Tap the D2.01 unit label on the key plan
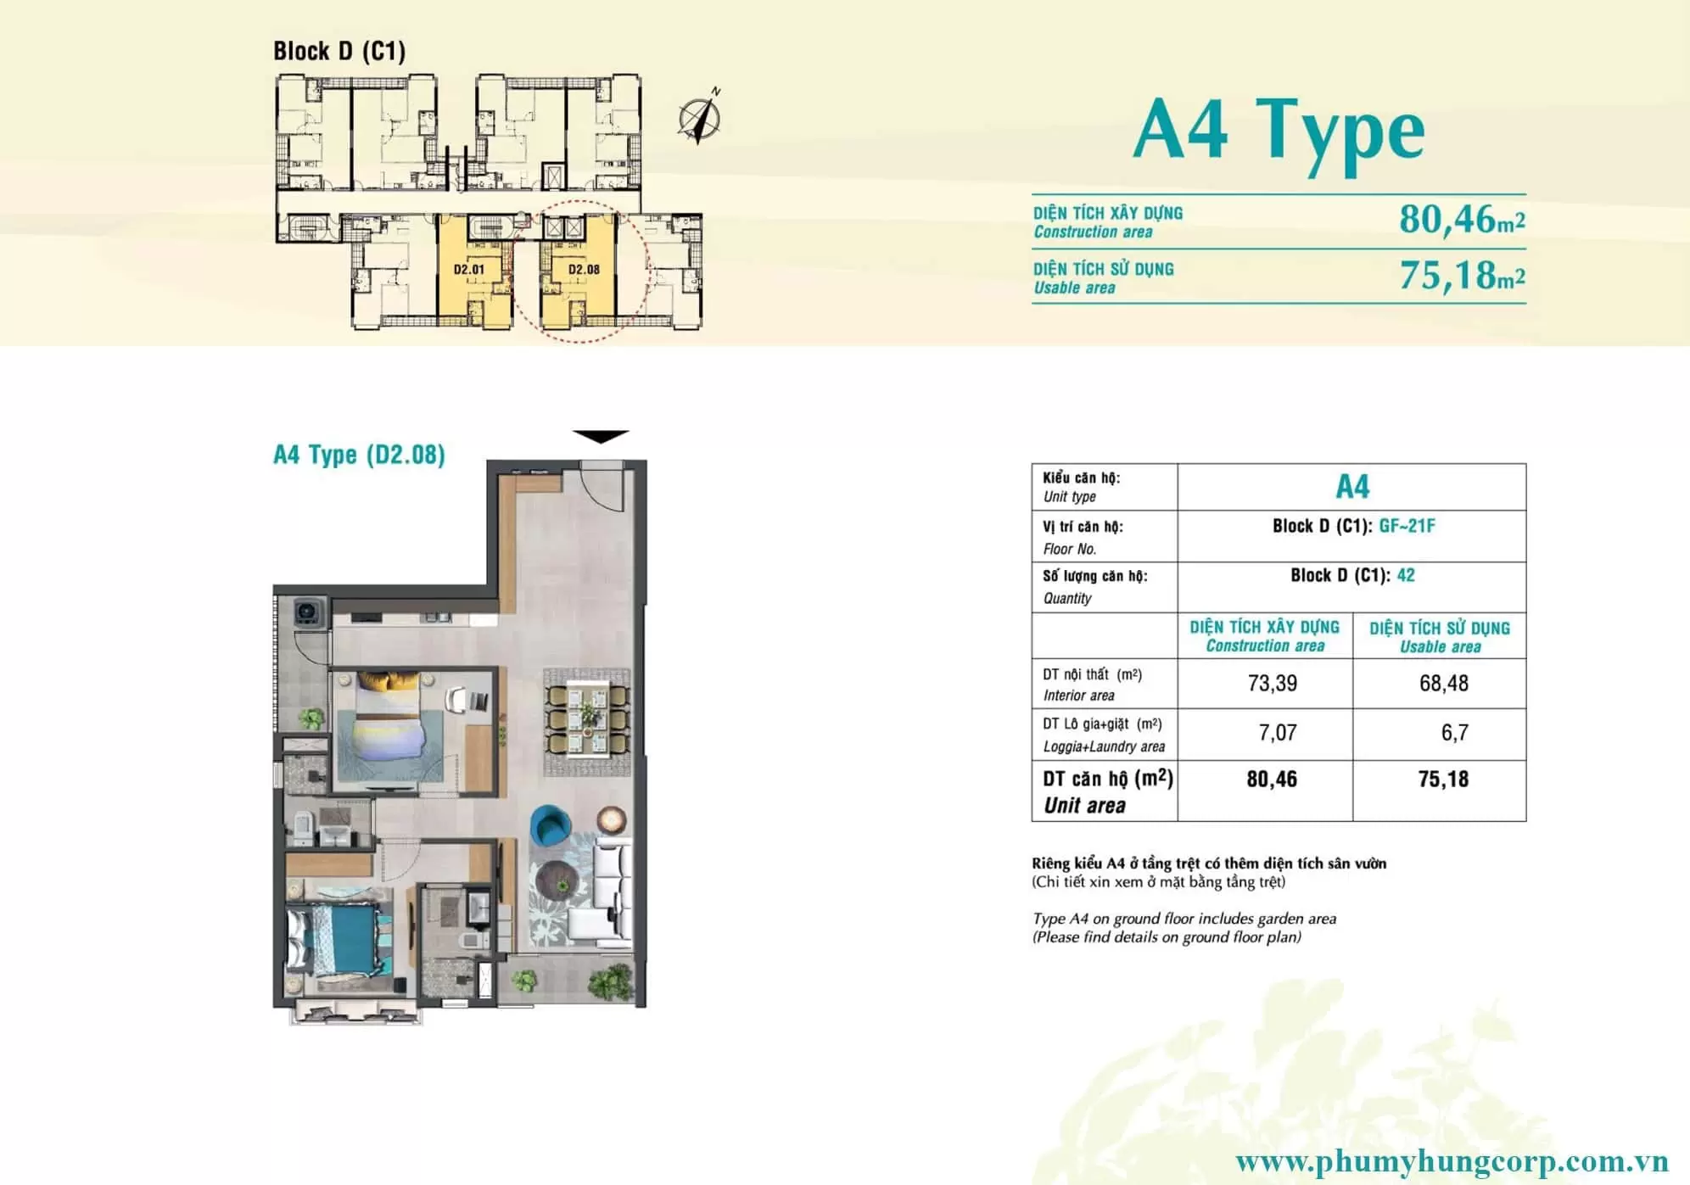(x=468, y=270)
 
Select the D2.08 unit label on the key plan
(x=584, y=270)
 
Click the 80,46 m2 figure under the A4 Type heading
(x=1462, y=219)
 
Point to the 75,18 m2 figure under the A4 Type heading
(x=1462, y=275)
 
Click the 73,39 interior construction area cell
(x=1272, y=683)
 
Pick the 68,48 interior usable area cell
(x=1443, y=683)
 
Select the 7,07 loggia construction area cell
(x=1278, y=732)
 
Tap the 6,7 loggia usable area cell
(x=1454, y=732)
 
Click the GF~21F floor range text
(x=1407, y=526)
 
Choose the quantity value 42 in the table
(x=1406, y=575)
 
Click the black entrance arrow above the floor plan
(x=601, y=437)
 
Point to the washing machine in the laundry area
(x=308, y=611)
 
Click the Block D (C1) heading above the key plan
(x=339, y=51)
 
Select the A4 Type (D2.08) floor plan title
(x=359, y=455)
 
